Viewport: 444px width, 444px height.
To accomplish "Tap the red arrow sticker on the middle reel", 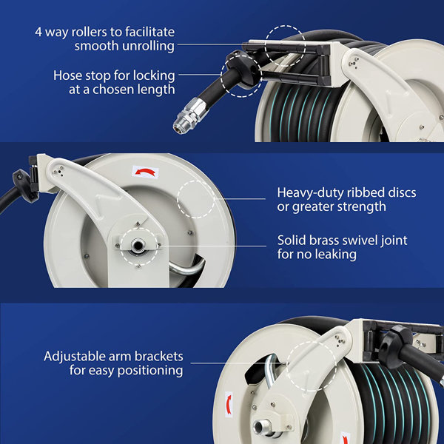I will pyautogui.click(x=146, y=172).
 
